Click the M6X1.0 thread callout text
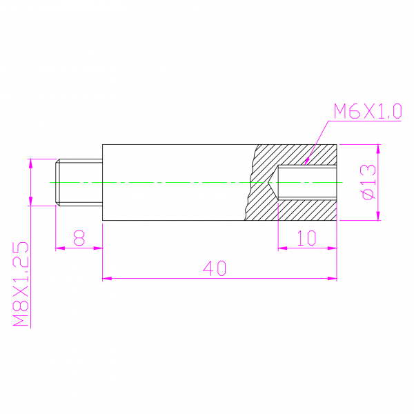[x=368, y=111]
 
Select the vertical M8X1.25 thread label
[x=21, y=284]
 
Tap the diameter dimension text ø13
[x=368, y=182]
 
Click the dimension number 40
[x=215, y=268]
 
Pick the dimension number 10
[x=307, y=238]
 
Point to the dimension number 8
[x=79, y=238]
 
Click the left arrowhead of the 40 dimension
[x=107, y=278]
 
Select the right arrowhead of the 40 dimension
[x=333, y=278]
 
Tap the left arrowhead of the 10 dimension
[x=282, y=248]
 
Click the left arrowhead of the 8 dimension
[x=60, y=248]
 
